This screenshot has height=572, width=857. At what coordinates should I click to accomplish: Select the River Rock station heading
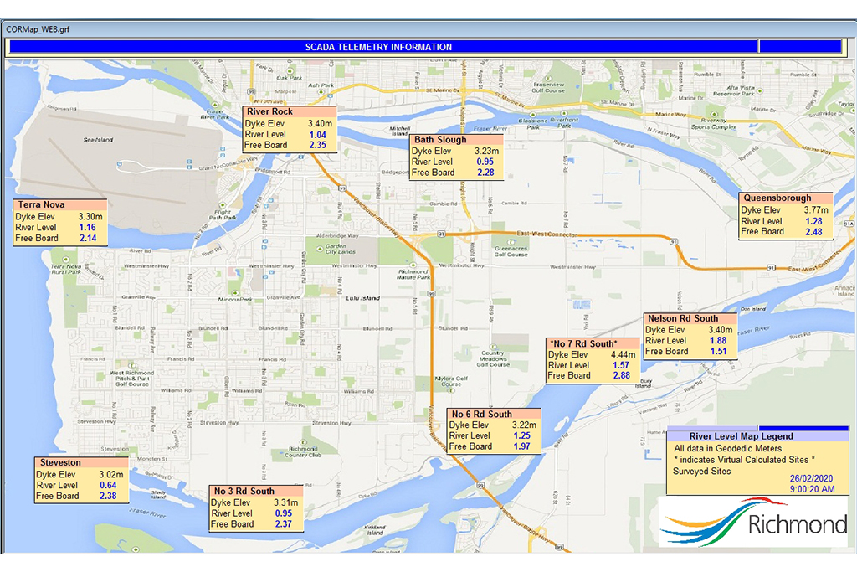tap(269, 111)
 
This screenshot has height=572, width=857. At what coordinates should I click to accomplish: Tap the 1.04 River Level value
tap(317, 134)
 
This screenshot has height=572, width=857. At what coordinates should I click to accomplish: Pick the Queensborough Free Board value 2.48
tap(813, 232)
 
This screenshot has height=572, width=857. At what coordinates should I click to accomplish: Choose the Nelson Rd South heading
tap(682, 319)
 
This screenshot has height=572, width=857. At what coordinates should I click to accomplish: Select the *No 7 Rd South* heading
tap(582, 344)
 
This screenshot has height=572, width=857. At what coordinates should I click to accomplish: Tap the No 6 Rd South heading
tap(481, 415)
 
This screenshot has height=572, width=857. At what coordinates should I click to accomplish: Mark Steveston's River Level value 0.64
tap(107, 486)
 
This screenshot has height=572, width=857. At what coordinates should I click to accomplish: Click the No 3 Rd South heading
tap(244, 492)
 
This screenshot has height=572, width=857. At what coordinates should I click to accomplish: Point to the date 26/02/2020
tap(811, 477)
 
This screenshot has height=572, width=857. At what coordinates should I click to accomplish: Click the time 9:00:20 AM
tap(811, 489)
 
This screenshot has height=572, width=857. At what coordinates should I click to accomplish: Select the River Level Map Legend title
tap(741, 436)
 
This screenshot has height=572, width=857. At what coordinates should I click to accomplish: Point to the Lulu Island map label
tap(362, 298)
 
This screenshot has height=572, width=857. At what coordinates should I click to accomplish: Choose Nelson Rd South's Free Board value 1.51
tap(717, 352)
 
